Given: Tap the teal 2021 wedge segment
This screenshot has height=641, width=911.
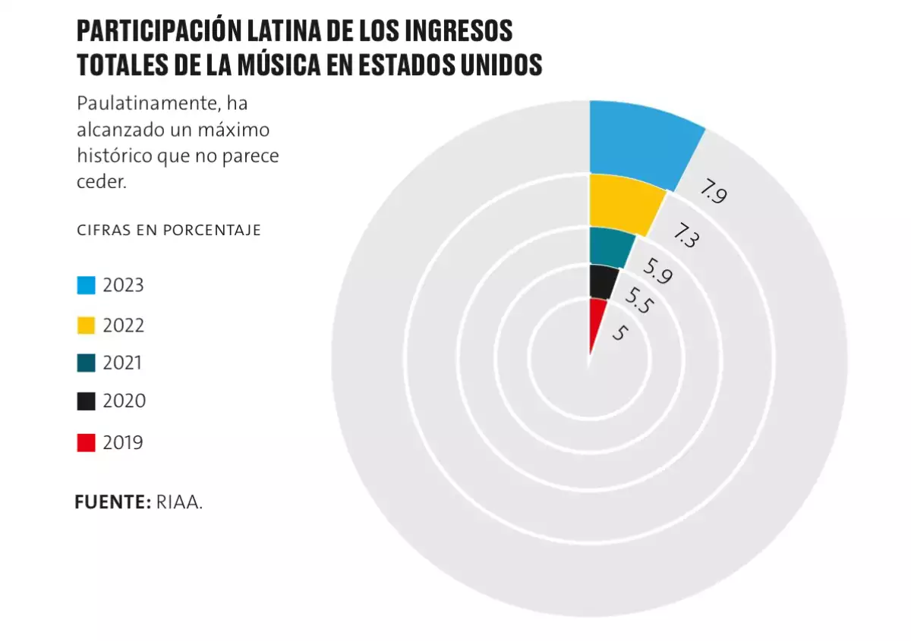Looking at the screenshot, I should pyautogui.click(x=610, y=246).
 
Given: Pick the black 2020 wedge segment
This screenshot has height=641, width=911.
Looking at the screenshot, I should pyautogui.click(x=602, y=281).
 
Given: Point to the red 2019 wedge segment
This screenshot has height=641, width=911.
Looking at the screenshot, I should pyautogui.click(x=596, y=319).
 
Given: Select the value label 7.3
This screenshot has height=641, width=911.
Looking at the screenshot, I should pyautogui.click(x=686, y=235).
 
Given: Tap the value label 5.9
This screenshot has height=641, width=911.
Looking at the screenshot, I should pyautogui.click(x=657, y=271).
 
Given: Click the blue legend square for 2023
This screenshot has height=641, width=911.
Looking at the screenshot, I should pyautogui.click(x=87, y=286).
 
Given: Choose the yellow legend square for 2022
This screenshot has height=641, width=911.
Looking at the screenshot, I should pyautogui.click(x=87, y=325).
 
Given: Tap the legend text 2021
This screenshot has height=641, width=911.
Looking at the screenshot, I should pyautogui.click(x=122, y=363).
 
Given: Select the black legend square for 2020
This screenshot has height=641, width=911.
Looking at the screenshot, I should pyautogui.click(x=87, y=401).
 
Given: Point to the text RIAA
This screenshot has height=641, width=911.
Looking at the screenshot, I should pyautogui.click(x=179, y=502).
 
